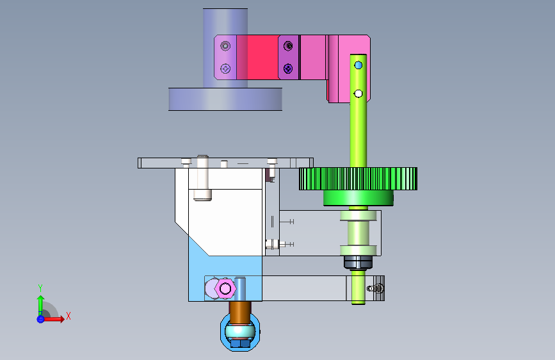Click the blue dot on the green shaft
[x=358, y=65]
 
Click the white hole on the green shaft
[x=358, y=94]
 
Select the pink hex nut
[x=225, y=289]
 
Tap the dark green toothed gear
[x=358, y=179]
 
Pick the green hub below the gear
[x=358, y=198]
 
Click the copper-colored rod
[x=240, y=312]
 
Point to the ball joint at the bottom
[x=240, y=332]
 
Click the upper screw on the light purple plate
[x=225, y=45]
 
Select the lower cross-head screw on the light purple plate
[x=225, y=69]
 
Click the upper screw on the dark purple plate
[x=289, y=45]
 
